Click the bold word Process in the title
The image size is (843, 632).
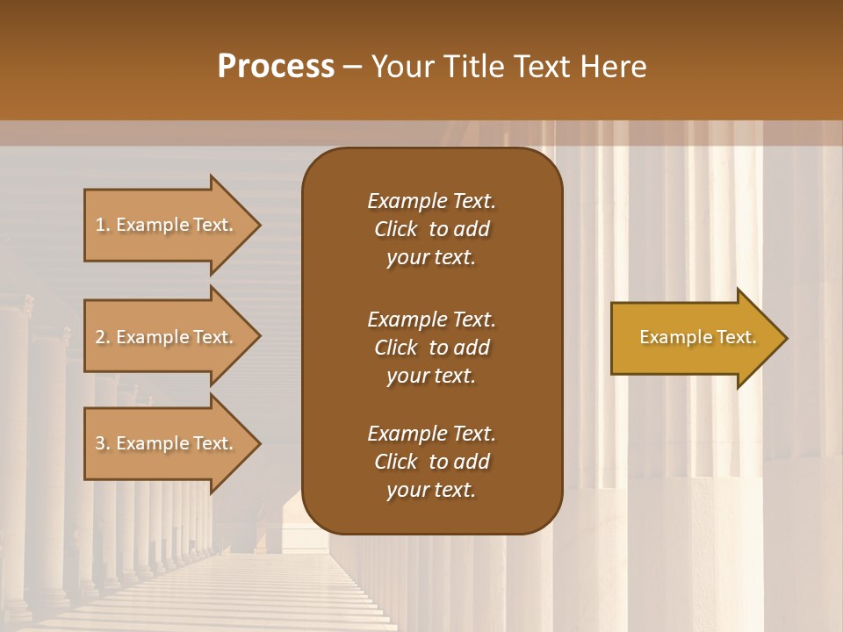[276, 67]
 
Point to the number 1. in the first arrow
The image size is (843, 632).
[103, 225]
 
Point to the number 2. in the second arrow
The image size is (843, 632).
[103, 337]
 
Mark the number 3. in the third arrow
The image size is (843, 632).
[103, 443]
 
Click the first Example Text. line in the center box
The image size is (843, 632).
[431, 201]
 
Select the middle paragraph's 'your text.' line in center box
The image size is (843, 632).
[431, 376]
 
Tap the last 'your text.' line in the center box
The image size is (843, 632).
[431, 491]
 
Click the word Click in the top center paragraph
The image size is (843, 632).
[395, 229]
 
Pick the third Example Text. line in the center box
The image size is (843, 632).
[431, 434]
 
